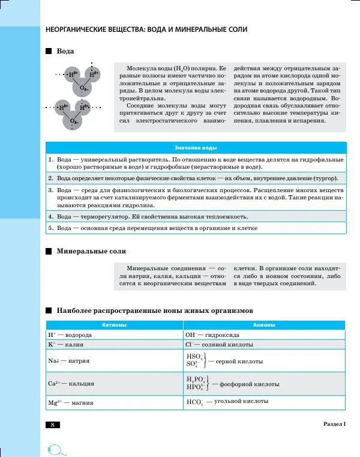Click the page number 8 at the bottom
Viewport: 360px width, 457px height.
[52, 425]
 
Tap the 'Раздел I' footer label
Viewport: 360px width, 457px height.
[334, 425]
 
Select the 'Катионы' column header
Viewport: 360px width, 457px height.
[114, 325]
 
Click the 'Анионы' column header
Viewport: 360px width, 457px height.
[264, 325]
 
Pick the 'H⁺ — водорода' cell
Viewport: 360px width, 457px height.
[70, 334]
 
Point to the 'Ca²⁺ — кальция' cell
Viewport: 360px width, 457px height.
[70, 383]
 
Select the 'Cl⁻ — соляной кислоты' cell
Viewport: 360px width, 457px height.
[219, 345]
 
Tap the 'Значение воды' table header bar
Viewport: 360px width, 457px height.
[196, 148]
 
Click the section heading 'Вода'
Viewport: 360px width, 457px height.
[65, 52]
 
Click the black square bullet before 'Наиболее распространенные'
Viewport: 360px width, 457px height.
[49, 311]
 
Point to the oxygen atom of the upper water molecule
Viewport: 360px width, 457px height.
[83, 88]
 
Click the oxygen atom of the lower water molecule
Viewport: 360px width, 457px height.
[73, 121]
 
